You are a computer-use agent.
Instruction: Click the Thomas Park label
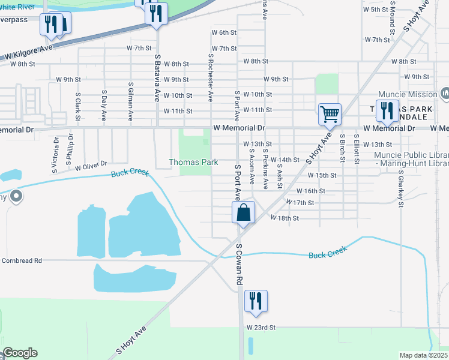(193, 163)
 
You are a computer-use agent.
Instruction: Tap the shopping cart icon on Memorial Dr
(330, 113)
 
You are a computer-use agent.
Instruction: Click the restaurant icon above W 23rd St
(256, 302)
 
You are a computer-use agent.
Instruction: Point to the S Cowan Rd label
(239, 264)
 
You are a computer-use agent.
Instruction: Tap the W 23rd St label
(261, 328)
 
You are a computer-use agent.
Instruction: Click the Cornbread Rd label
(22, 260)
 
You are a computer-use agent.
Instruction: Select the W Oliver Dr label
(91, 164)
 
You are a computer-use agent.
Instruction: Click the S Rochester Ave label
(211, 77)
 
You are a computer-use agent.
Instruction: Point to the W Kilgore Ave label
(30, 52)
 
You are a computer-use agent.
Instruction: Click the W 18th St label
(284, 218)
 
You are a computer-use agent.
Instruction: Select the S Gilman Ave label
(130, 99)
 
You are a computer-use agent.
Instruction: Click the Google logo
(19, 353)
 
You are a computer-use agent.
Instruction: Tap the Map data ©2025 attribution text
(423, 355)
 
